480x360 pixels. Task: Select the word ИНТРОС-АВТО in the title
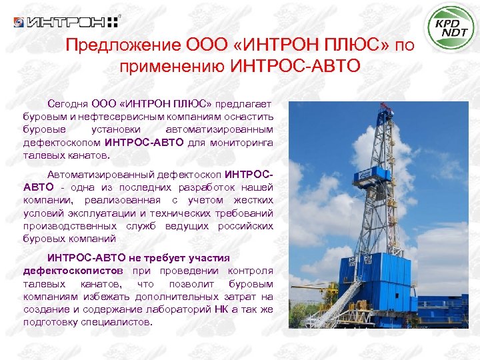[295, 66]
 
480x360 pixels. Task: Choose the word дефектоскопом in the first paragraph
[63, 142]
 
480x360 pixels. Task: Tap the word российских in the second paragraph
[245, 226]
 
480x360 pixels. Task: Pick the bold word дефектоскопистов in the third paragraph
[73, 271]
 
